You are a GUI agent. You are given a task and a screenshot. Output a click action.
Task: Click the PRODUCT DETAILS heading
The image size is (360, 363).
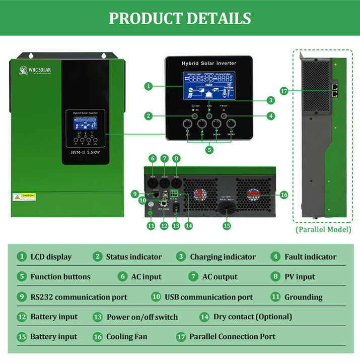tap(180, 18)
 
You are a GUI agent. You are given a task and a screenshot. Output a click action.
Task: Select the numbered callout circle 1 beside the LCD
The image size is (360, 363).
tap(148, 86)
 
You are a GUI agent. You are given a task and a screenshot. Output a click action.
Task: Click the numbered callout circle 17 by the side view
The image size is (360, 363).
tap(284, 91)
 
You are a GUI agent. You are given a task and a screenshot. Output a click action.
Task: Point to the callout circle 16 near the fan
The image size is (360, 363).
tap(284, 194)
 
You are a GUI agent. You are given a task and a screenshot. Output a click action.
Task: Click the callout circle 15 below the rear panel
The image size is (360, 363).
tap(227, 226)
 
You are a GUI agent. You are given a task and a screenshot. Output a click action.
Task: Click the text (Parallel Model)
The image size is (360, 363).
tap(323, 230)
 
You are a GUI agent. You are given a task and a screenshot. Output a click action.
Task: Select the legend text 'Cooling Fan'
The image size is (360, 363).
tap(127, 337)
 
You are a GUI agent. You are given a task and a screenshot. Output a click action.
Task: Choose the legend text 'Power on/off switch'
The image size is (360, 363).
tap(142, 317)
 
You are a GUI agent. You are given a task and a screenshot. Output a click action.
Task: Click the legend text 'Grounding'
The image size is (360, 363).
tap(303, 297)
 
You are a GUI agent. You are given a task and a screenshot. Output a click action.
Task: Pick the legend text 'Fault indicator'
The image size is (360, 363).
tap(310, 257)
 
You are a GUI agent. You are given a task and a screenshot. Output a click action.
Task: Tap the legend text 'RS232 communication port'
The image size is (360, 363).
tap(79, 297)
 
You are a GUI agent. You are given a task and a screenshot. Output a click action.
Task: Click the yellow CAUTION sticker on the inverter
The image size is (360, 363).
tap(24, 196)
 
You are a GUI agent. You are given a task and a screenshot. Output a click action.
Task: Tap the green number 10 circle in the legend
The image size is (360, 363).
tap(156, 297)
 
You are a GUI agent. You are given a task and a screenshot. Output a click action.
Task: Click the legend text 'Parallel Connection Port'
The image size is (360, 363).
tap(232, 337)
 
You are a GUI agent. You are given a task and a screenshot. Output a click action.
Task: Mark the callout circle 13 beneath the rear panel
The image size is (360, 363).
tap(176, 226)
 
